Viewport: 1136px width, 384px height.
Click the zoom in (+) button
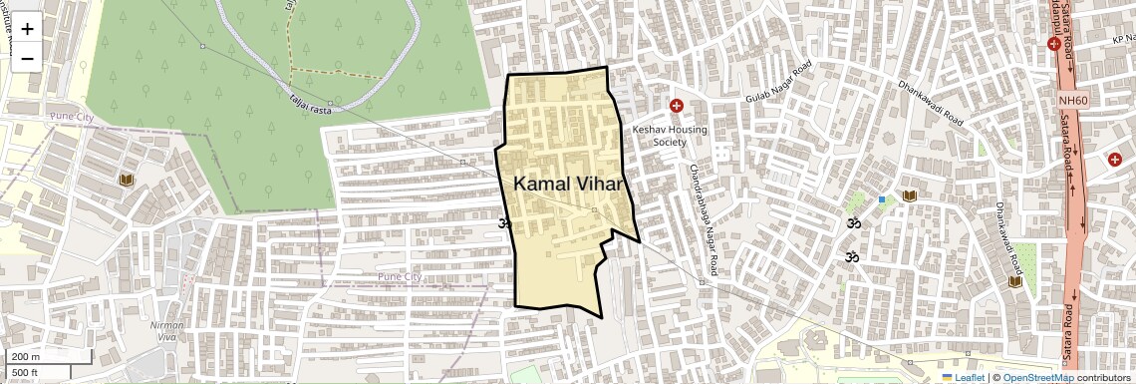click(x=27, y=28)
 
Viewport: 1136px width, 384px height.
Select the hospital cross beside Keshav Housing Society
click(x=677, y=106)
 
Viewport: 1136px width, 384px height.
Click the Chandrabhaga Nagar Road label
click(x=703, y=220)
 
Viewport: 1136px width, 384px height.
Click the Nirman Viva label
click(x=165, y=331)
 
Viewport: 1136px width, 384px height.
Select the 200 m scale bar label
click(x=26, y=357)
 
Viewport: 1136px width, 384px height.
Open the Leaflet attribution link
click(x=963, y=377)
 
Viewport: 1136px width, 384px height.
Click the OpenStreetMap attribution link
click(x=1037, y=377)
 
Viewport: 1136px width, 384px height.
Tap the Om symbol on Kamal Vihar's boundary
click(x=504, y=222)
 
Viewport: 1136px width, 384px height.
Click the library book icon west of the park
click(x=126, y=180)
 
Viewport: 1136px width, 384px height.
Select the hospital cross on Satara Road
click(x=1053, y=43)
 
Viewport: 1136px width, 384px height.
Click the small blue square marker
click(x=882, y=199)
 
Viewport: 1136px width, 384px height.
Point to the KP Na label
click(x=1123, y=40)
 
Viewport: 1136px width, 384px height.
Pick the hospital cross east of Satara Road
click(x=1114, y=160)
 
